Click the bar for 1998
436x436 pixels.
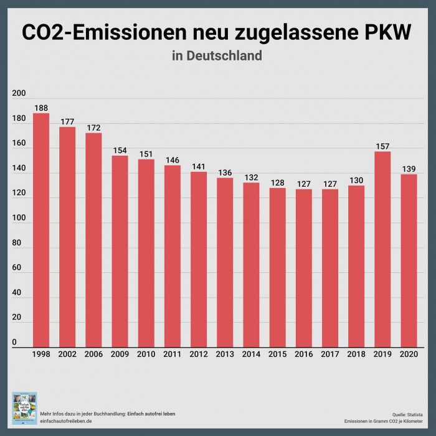[x=41, y=230]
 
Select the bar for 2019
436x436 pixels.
[x=382, y=249]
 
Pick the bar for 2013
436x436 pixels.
[x=225, y=262]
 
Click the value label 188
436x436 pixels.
[x=41, y=108]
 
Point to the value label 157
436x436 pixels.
[x=382, y=146]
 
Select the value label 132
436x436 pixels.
[x=251, y=178]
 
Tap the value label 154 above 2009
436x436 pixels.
[x=120, y=150]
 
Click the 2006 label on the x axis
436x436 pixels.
[x=93, y=354]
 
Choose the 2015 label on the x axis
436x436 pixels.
[x=277, y=354]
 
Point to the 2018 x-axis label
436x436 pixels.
[x=356, y=354]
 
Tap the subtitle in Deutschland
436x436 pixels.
[x=217, y=55]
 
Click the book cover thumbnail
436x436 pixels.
[x=24, y=408]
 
